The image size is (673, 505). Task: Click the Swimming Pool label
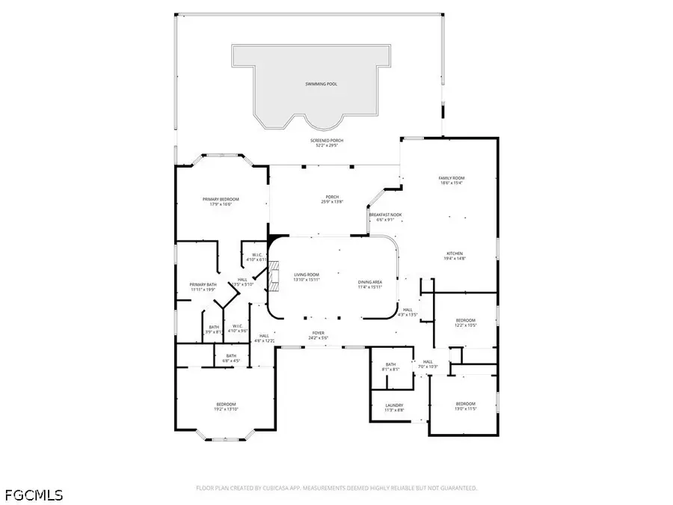pyautogui.click(x=322, y=84)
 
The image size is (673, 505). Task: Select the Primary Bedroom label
pyautogui.click(x=221, y=199)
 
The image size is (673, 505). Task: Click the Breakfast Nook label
pyautogui.click(x=385, y=215)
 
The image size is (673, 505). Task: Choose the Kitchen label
pyautogui.click(x=455, y=253)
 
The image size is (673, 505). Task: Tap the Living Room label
pyautogui.click(x=307, y=275)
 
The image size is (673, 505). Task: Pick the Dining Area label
pyautogui.click(x=369, y=283)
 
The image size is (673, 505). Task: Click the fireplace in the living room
pyautogui.click(x=274, y=275)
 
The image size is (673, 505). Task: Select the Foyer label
pyautogui.click(x=319, y=332)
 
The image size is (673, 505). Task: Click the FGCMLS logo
pyautogui.click(x=34, y=495)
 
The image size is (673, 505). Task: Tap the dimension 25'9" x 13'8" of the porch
pyautogui.click(x=331, y=202)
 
